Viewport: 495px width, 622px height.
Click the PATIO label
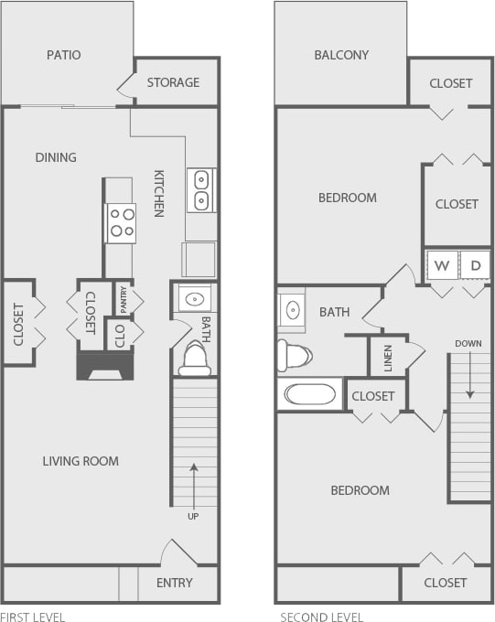(64, 55)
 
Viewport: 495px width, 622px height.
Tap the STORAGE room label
(173, 82)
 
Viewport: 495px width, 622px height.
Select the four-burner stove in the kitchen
(121, 222)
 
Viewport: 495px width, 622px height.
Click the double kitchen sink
(200, 189)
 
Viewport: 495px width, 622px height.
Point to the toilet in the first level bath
(195, 359)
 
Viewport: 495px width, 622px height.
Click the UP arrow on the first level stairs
(194, 485)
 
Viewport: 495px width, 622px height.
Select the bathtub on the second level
(310, 395)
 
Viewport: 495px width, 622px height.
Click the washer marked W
(442, 266)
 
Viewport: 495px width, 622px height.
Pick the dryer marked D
(475, 266)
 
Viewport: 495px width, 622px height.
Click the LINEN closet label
(387, 356)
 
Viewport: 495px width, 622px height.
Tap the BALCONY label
(341, 55)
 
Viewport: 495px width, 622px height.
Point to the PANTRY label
(123, 299)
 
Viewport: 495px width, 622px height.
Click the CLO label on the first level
(119, 334)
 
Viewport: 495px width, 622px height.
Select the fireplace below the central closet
(103, 367)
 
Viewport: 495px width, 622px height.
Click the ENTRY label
(174, 583)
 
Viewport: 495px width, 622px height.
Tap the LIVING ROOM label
(81, 461)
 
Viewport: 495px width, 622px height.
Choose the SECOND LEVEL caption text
(321, 617)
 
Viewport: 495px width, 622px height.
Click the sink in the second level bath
(292, 309)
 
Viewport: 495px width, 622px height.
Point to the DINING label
(56, 157)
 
